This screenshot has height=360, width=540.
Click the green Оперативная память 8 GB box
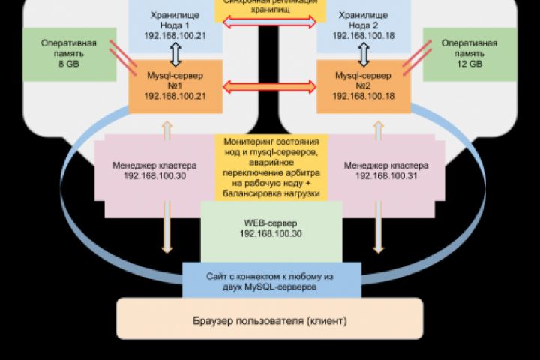[x=68, y=55]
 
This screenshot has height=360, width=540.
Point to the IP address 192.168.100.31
[x=381, y=175]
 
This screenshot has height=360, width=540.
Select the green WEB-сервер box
[x=271, y=229]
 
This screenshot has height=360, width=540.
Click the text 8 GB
[x=68, y=66]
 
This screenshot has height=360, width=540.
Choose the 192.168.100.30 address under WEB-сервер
[x=271, y=234]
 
